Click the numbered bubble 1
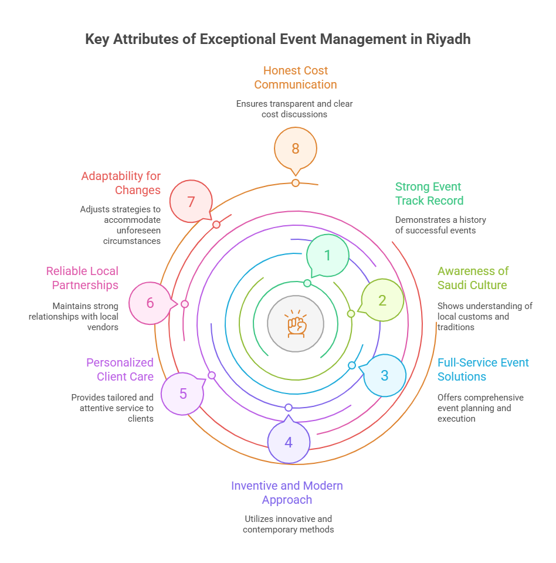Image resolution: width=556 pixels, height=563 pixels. [328, 255]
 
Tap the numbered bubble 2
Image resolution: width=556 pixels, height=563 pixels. [382, 300]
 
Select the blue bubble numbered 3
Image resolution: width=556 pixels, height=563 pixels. [385, 375]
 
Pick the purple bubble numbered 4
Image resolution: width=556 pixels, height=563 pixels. [289, 442]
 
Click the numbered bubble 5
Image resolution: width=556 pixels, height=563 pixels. [182, 394]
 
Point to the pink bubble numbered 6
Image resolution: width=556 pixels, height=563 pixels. [150, 303]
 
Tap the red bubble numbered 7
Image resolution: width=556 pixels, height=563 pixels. [191, 202]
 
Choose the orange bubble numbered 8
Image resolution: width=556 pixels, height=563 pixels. [296, 148]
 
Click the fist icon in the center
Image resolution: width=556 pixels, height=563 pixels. [296, 323]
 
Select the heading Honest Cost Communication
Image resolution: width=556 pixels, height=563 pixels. [296, 77]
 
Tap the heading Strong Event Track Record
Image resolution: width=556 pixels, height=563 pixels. [429, 194]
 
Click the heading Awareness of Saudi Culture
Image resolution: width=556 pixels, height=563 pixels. [473, 278]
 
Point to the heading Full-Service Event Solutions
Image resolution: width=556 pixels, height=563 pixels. [483, 369]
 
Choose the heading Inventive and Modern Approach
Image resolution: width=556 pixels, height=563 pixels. [287, 493]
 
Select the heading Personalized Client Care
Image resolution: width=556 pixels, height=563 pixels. [120, 369]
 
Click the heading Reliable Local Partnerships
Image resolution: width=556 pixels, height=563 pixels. [83, 278]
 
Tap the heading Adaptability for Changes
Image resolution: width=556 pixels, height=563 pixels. [121, 183]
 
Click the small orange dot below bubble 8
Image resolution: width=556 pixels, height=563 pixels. [296, 183]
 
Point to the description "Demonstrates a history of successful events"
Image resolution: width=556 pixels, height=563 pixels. [440, 225]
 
